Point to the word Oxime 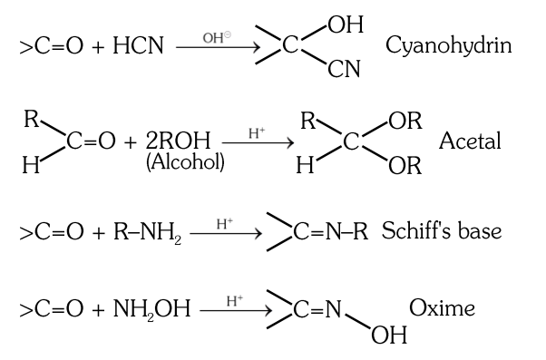click(444, 308)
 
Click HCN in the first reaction click(139, 45)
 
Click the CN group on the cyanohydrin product click(345, 70)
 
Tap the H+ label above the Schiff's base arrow click(223, 221)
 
